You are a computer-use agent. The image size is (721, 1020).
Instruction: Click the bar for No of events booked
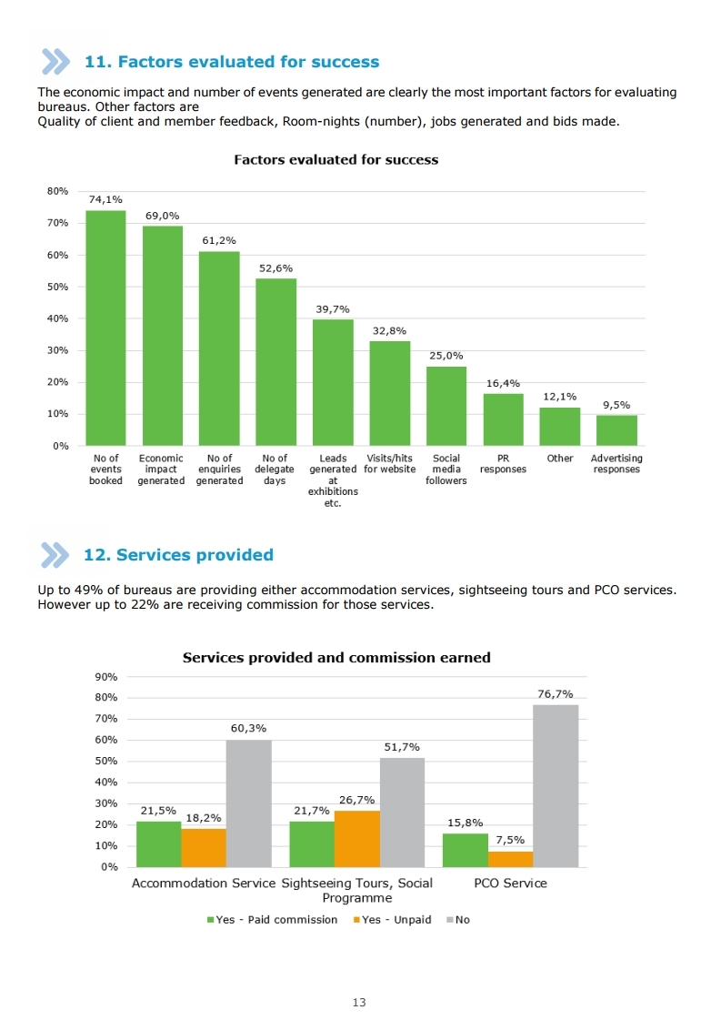coord(106,328)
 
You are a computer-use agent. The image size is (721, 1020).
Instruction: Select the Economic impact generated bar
coord(163,336)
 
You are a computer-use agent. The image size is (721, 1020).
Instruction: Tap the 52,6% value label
coord(275,268)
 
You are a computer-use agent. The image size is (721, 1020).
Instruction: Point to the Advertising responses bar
coord(616,430)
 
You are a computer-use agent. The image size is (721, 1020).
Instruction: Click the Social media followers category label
coord(446,469)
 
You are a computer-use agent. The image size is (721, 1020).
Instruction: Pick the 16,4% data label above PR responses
coord(503,383)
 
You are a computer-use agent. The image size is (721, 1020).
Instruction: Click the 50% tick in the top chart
coord(57,287)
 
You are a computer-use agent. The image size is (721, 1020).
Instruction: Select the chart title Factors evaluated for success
coord(336,159)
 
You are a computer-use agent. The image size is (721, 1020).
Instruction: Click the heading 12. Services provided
coord(178,555)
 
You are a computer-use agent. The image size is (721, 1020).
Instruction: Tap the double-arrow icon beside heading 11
coord(55,62)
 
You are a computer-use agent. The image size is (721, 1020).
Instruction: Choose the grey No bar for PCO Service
coord(556,786)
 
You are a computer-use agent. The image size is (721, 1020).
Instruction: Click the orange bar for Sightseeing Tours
coord(357,839)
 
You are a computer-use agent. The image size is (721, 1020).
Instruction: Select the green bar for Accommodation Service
coord(158,844)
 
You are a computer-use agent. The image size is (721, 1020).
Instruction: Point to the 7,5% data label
coord(510,840)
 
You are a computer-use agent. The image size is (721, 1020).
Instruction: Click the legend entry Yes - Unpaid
coord(392,920)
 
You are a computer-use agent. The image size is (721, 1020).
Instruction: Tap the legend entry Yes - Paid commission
coord(272,920)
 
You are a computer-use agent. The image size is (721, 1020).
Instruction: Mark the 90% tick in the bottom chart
coord(106,677)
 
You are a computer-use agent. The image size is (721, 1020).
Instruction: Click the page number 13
coord(359,1003)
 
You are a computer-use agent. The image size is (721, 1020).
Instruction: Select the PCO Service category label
coord(510,884)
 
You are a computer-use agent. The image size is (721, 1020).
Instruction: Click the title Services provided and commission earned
coord(336,658)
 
